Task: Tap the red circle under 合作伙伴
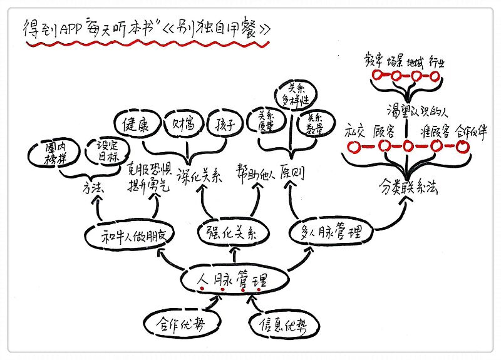click(463, 147)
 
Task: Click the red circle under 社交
click(355, 148)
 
